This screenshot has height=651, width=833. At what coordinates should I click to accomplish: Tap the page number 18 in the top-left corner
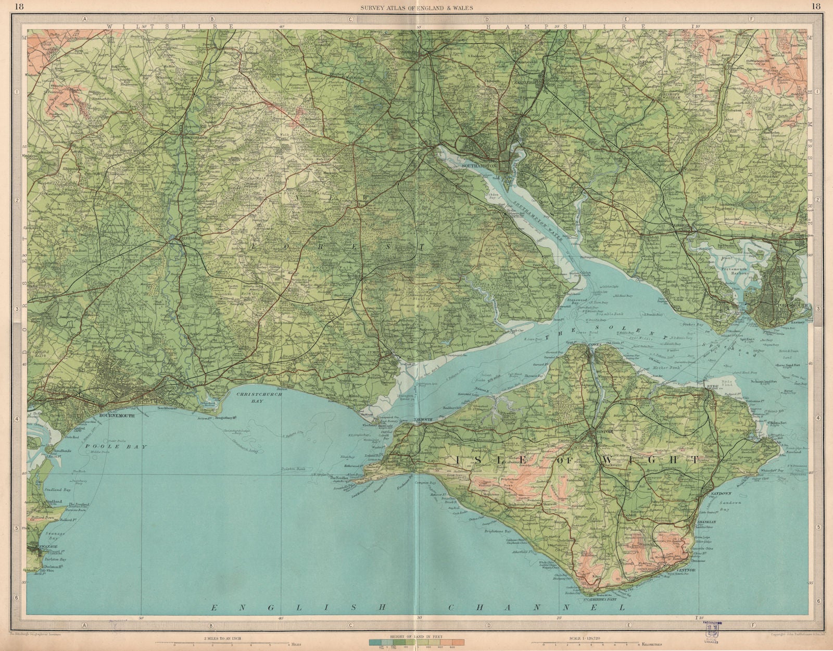click(20, 7)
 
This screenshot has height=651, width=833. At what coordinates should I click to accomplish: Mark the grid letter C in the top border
click(350, 19)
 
